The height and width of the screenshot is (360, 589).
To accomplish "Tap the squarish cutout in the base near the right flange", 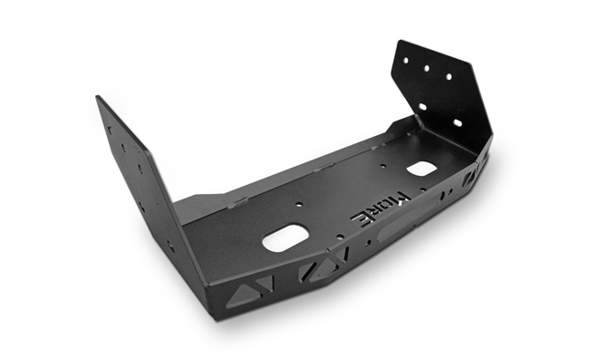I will click(x=420, y=168).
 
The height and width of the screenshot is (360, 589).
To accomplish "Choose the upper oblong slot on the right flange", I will click(x=422, y=107).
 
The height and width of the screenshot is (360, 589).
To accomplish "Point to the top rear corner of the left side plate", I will click(x=98, y=97).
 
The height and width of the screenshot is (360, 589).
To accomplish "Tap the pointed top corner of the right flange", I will click(x=399, y=40).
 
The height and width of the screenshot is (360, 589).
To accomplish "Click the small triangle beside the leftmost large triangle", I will click(x=265, y=283).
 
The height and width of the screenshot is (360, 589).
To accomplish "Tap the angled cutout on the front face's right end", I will click(x=472, y=177).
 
